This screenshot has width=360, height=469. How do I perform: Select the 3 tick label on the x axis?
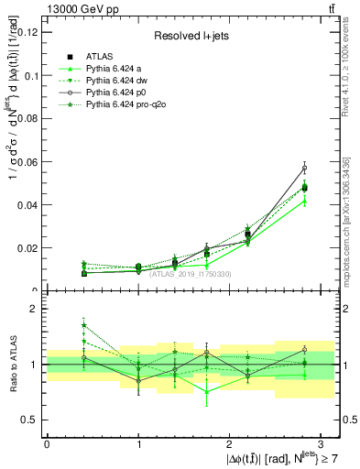(x=321, y=442)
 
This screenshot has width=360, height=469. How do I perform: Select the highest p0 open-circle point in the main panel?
(x=304, y=168)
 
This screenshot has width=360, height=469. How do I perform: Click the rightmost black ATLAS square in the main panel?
(x=304, y=188)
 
